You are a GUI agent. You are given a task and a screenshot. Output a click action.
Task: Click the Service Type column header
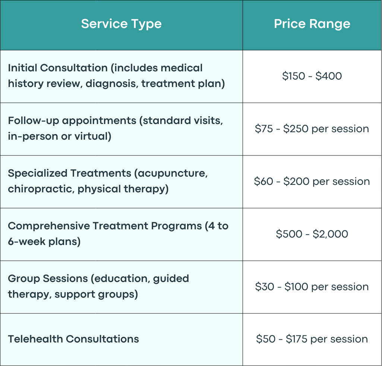click(x=121, y=24)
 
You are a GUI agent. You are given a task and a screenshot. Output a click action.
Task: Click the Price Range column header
click(x=312, y=24)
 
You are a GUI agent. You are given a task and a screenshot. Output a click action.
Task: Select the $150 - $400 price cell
click(x=312, y=76)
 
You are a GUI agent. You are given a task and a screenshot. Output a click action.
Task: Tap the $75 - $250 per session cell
click(x=312, y=129)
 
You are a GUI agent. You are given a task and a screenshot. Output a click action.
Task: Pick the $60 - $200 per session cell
click(x=312, y=182)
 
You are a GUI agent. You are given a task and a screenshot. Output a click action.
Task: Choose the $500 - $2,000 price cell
click(x=312, y=234)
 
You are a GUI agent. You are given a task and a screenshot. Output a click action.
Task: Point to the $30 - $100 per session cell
click(x=312, y=287)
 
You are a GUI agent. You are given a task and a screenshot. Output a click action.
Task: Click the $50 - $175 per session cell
click(x=312, y=339)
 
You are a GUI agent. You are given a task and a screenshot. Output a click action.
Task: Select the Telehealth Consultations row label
click(x=73, y=339)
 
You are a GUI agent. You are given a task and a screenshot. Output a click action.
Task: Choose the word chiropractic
click(x=41, y=189)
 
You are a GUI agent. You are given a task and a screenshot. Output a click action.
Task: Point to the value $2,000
click(x=330, y=234)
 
